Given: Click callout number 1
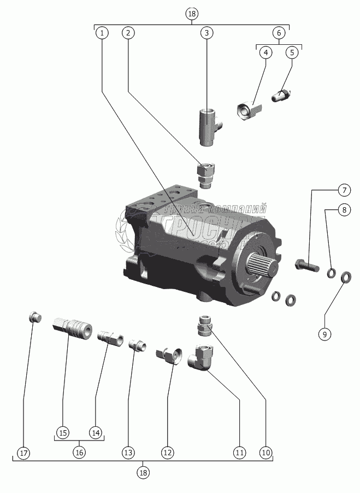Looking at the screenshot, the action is click(101, 33).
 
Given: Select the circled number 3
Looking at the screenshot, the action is click(206, 33).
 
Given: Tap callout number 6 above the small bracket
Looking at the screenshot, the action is click(279, 33).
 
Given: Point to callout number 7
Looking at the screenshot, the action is click(344, 190).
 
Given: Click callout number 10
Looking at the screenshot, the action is click(266, 453).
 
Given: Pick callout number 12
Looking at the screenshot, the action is click(167, 453).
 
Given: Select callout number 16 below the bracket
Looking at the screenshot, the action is click(79, 453).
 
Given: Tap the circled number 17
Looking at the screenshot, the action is click(23, 453).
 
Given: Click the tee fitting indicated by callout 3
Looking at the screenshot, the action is click(209, 127).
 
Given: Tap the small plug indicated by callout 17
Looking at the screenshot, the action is click(35, 316).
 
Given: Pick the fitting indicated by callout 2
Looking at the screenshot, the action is click(205, 174).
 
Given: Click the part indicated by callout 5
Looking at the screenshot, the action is click(283, 96).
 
